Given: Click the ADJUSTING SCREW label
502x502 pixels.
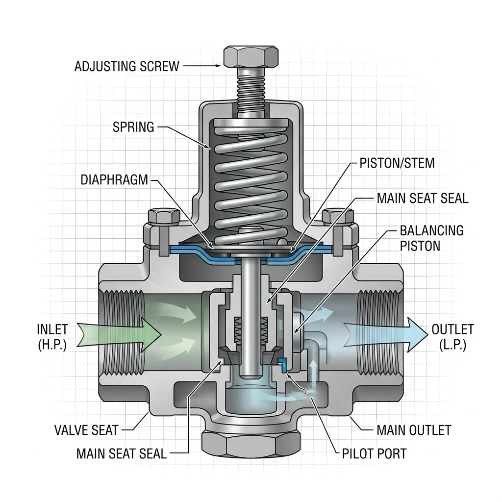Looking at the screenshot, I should (x=126, y=66).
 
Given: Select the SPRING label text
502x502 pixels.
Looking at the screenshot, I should (x=133, y=127).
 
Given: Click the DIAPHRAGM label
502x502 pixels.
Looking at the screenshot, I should (x=114, y=179).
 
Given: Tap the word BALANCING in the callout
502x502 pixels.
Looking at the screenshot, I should (x=431, y=230).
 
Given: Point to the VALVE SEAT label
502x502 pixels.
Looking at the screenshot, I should (x=86, y=430).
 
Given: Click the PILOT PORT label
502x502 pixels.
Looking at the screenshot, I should (x=374, y=453).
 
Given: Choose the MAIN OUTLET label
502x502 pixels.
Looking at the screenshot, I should (x=414, y=430).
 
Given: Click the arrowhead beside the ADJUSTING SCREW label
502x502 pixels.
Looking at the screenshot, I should (x=218, y=66).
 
